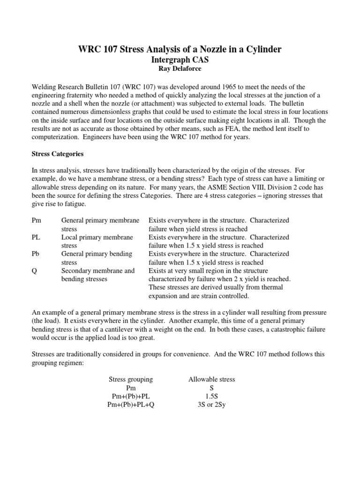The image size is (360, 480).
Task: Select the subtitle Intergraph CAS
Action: coord(180,60)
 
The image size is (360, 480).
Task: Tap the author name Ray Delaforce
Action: coord(180,69)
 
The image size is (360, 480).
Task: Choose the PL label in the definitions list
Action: coord(36,237)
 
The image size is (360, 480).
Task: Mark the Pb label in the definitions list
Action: coord(36,254)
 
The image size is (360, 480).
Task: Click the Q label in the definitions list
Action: coord(34,271)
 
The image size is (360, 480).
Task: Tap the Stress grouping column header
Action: coord(131,379)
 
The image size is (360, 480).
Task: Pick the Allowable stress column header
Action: coord(211,379)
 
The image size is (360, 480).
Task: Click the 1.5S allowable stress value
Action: coord(211,396)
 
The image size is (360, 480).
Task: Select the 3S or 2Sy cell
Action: coord(211,405)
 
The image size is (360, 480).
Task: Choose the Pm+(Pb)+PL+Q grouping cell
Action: coord(131,405)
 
